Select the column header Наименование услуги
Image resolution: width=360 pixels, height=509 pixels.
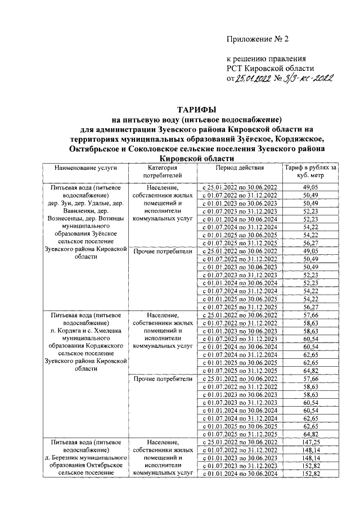pos(85,168)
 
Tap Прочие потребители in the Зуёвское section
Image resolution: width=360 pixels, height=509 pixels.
pos(163,251)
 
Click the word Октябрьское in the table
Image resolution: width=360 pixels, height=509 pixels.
pos(101,467)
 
